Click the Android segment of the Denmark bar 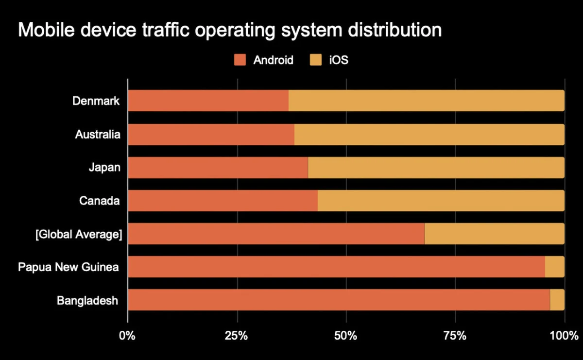208,101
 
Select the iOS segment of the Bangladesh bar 557,300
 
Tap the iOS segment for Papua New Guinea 555,267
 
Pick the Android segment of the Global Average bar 276,234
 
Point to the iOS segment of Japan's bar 436,167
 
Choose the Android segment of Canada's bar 223,201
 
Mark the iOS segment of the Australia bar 429,134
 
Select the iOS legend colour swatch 316,60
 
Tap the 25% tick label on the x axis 237,335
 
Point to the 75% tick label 455,335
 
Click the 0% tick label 128,335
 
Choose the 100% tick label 565,335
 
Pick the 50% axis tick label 346,335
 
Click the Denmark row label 96,101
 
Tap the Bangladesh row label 87,300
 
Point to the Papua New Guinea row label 69,267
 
